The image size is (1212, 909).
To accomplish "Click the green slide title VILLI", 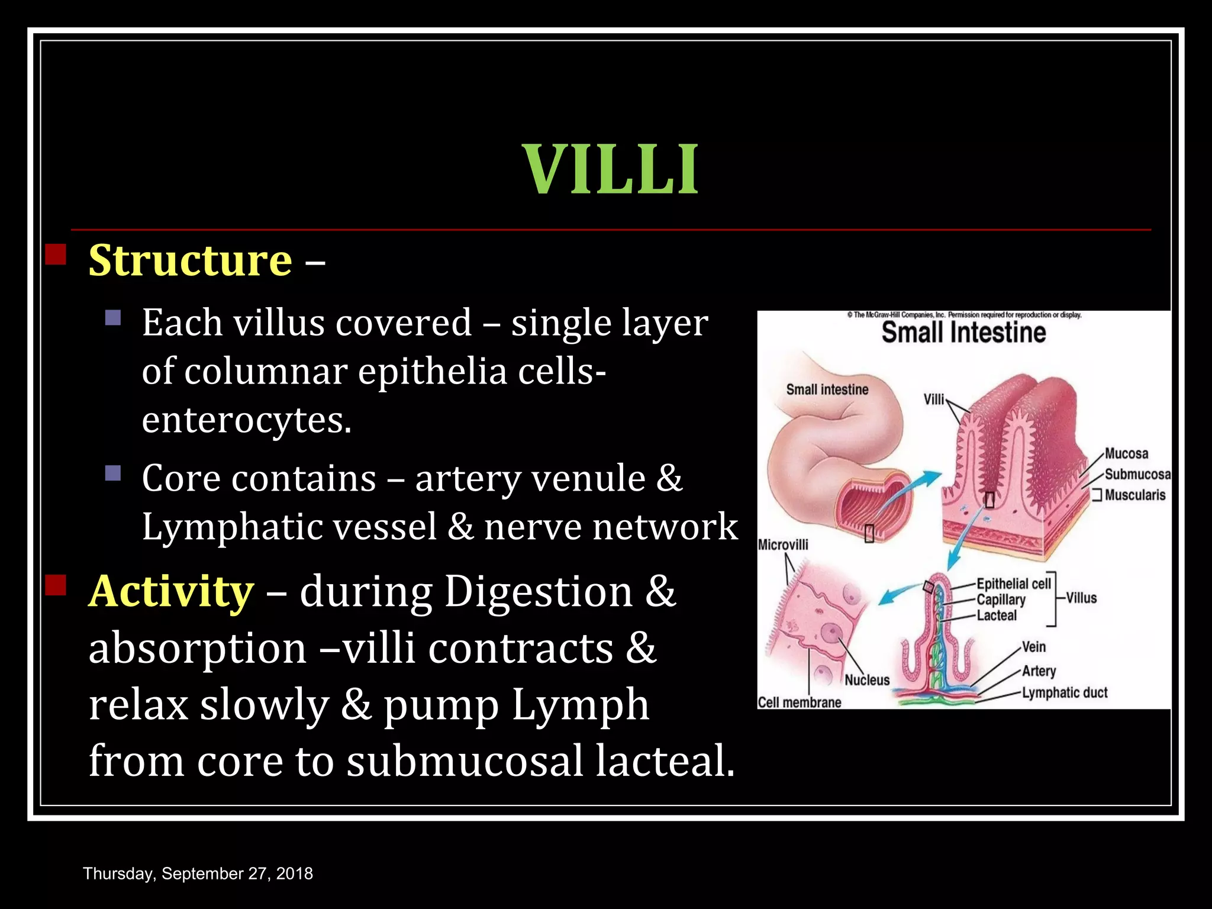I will tap(610, 170).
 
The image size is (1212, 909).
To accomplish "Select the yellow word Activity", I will tap(171, 591).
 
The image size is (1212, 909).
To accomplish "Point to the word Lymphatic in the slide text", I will tap(230, 526).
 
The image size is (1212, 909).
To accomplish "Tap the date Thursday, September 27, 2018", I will tap(198, 873).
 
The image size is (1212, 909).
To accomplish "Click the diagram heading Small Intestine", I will tap(963, 332).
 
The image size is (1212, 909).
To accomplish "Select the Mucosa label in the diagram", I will tap(1126, 454).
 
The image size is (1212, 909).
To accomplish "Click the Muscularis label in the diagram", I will tap(1134, 495).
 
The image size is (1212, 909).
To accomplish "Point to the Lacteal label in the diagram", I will tap(997, 615).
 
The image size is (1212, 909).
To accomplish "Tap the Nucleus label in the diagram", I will tap(867, 680).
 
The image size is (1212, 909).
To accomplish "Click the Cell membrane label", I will tap(800, 702).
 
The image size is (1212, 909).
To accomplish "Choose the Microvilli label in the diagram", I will tap(782, 544).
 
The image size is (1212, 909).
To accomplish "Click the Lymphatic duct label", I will tap(1065, 692).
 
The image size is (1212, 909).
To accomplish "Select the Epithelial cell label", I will tap(1013, 584).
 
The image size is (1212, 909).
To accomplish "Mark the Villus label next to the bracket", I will tap(1081, 598).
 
